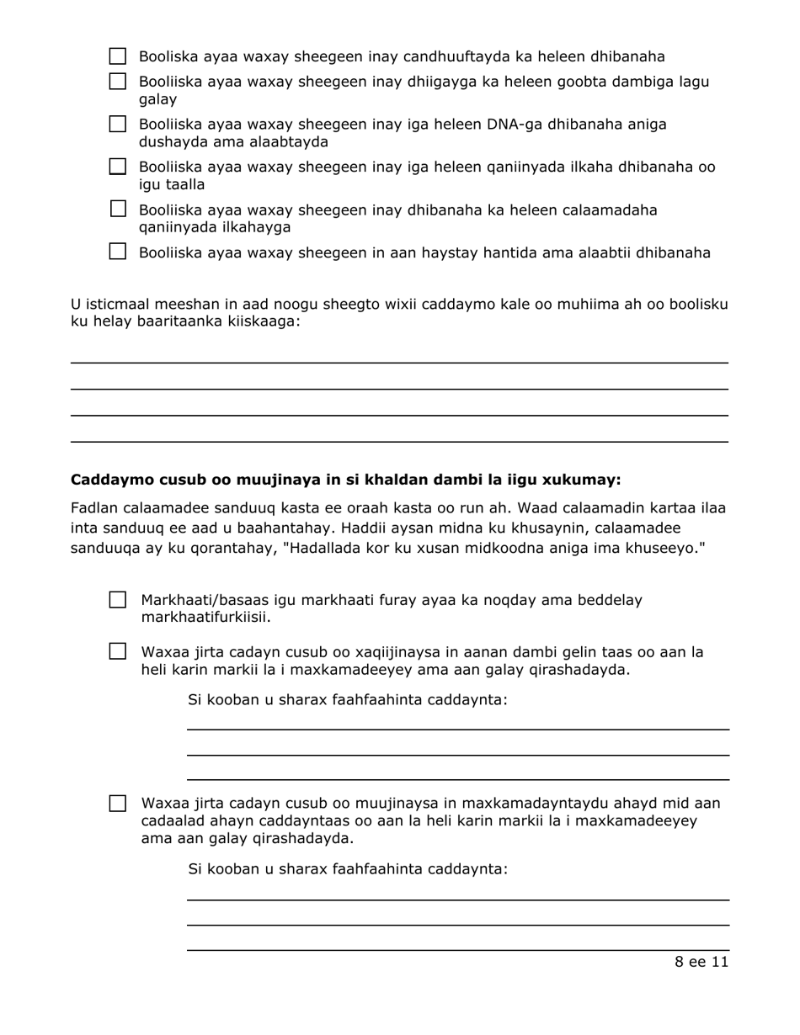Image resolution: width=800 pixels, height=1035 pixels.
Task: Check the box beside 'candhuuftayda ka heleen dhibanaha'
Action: pyautogui.click(x=119, y=57)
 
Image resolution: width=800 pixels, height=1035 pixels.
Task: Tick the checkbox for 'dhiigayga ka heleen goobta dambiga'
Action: pyautogui.click(x=119, y=82)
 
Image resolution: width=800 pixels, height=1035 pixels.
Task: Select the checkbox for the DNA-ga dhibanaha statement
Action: pyautogui.click(x=119, y=125)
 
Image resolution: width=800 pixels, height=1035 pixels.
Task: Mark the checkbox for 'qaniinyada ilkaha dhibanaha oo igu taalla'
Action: pyautogui.click(x=119, y=167)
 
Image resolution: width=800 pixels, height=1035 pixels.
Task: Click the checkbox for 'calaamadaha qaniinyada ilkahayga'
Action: pyautogui.click(x=119, y=209)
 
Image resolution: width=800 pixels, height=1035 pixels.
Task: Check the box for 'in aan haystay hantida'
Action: pyautogui.click(x=119, y=252)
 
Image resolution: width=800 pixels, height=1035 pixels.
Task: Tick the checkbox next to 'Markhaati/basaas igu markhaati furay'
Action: pyautogui.click(x=119, y=601)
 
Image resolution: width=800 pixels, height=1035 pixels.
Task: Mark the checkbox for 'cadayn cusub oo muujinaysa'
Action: pyautogui.click(x=119, y=803)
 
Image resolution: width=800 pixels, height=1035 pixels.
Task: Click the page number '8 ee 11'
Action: pyautogui.click(x=701, y=963)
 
